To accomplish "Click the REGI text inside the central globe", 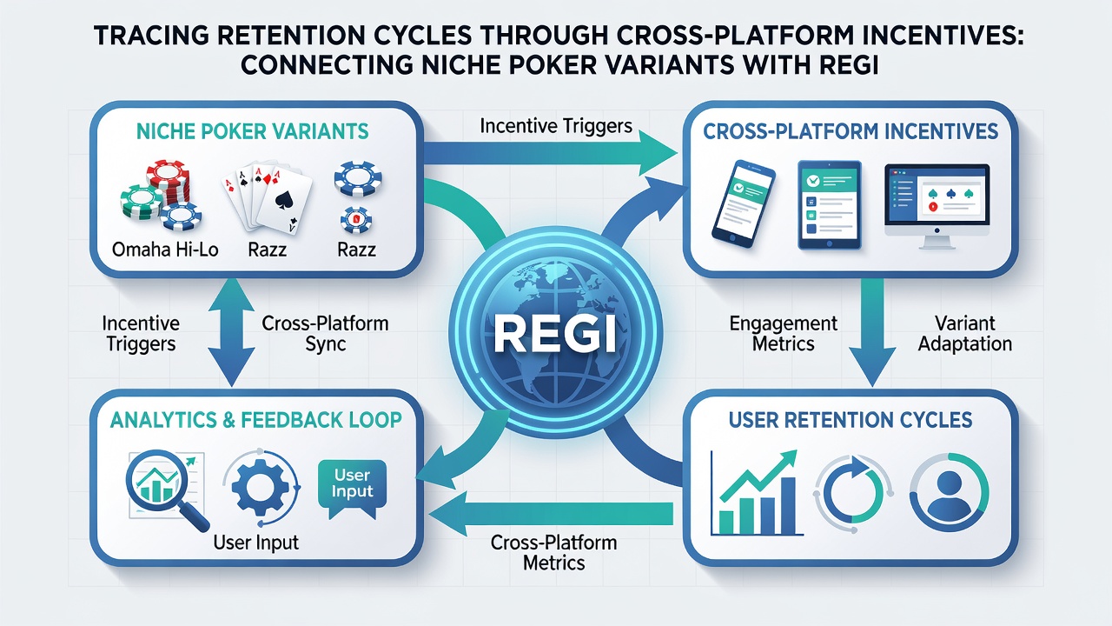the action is [x=555, y=335].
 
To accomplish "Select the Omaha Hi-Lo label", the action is [x=165, y=250].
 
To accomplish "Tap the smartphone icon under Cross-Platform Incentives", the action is [x=744, y=203].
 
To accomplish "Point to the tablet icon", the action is [x=829, y=204].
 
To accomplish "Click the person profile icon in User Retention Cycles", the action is [x=949, y=492].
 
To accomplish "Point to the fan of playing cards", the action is [x=266, y=197].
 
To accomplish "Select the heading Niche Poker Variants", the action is [x=252, y=131].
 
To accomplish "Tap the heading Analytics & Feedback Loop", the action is [x=255, y=420].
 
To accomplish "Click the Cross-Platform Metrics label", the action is [x=554, y=552].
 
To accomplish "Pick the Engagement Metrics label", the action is [x=784, y=333].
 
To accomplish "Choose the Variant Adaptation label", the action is [x=964, y=333].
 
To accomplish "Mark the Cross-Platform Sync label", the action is [x=325, y=333].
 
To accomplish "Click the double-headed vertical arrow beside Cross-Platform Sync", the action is [x=231, y=332].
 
